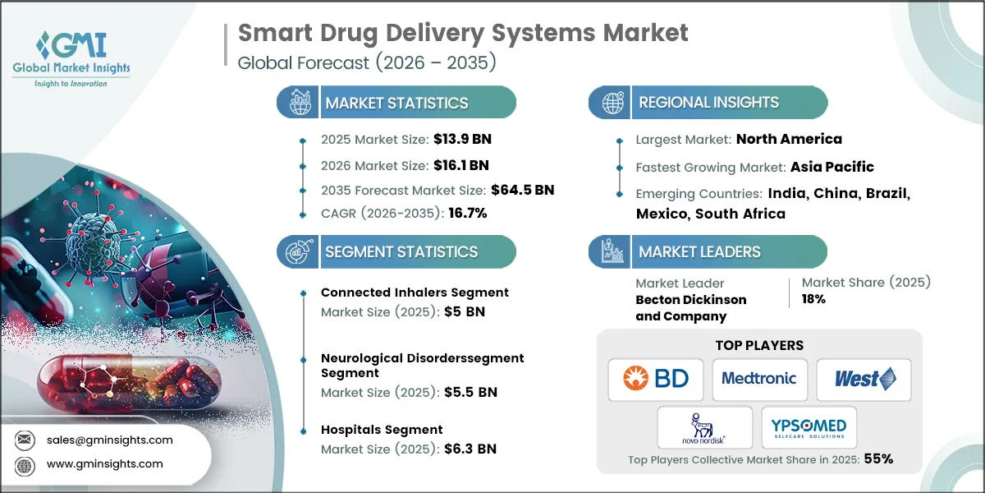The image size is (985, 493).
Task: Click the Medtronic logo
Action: point(759,379)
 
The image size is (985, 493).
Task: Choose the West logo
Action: point(864,379)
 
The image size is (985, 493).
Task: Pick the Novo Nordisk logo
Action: point(704,427)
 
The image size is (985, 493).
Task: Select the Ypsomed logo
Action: point(809,427)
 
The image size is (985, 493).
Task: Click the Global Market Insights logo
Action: point(71,58)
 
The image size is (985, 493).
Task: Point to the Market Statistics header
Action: point(396,103)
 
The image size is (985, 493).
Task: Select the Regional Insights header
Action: point(708,103)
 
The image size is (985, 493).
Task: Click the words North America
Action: point(789,139)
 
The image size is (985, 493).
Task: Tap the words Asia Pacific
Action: point(832,167)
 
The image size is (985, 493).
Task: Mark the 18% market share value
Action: point(813,300)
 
